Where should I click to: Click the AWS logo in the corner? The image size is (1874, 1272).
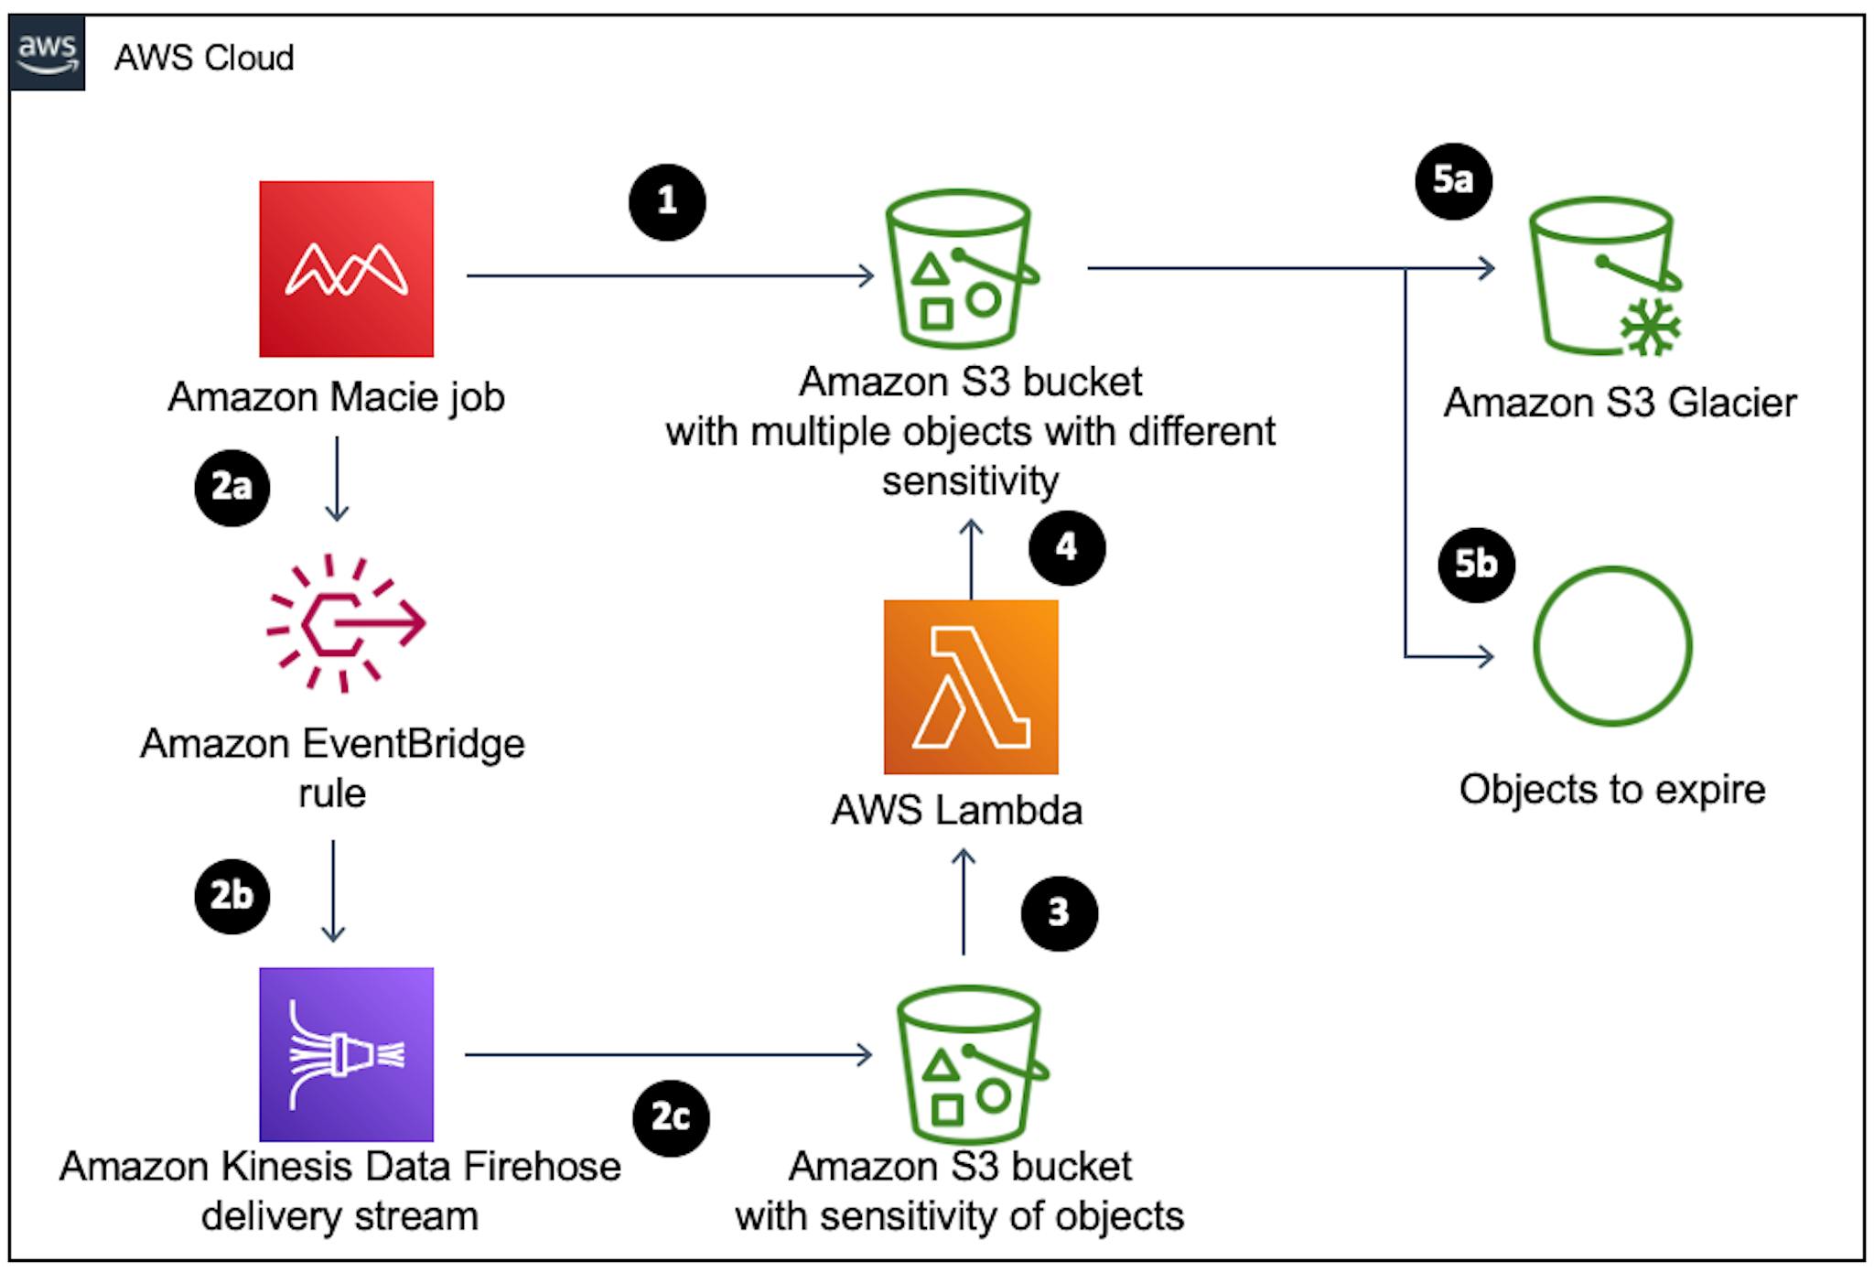pos(48,52)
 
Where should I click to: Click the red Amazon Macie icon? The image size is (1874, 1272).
pos(346,268)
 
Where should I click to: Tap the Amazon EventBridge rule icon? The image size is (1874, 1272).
pos(346,623)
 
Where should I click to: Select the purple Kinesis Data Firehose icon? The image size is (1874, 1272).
pos(346,1054)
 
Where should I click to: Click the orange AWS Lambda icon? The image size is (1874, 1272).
pos(971,686)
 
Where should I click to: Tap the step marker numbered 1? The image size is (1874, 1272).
pos(667,202)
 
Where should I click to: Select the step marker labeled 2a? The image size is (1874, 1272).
pos(232,488)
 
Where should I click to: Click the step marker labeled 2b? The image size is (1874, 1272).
pos(232,895)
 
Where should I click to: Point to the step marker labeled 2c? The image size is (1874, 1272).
pos(671,1118)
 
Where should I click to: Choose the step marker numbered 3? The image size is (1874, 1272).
pos(1060,913)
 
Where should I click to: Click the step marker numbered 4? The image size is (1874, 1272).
pos(1067,548)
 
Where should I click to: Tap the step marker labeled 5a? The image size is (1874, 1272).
pos(1454,180)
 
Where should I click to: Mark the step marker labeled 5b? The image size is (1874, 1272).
pos(1476,564)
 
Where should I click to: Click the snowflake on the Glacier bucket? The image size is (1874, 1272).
pos(1651,327)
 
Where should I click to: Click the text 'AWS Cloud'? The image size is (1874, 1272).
pos(204,58)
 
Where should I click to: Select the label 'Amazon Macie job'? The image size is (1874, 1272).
pos(336,398)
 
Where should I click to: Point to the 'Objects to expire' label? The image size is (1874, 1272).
pos(1612,789)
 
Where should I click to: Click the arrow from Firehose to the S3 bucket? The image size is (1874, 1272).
pos(669,1055)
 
